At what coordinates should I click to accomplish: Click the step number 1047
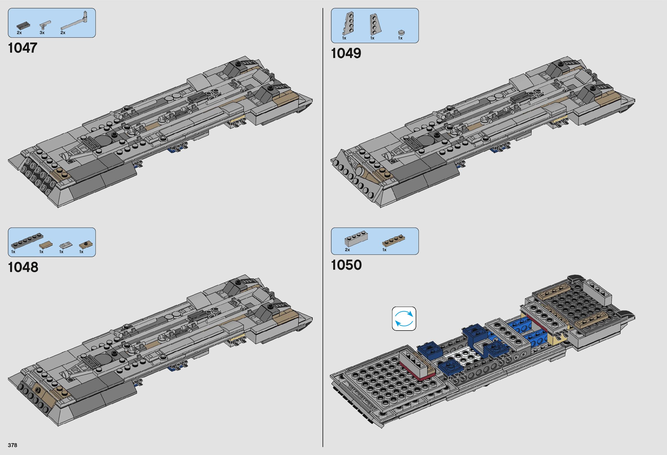click(x=23, y=48)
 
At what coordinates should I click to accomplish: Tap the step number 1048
click(x=23, y=267)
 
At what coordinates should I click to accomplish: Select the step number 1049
click(x=346, y=53)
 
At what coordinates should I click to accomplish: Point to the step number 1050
click(x=346, y=265)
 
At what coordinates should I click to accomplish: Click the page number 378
click(x=13, y=445)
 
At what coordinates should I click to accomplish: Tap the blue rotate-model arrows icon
click(x=404, y=318)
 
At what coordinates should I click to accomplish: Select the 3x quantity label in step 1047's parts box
click(x=42, y=33)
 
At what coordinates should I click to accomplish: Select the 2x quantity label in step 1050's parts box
click(x=347, y=250)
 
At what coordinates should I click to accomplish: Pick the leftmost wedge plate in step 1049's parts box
click(x=348, y=24)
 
